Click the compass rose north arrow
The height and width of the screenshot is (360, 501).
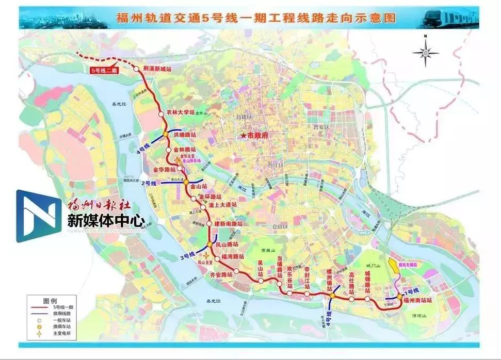[x=425, y=52]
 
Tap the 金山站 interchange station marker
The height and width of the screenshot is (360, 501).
[x=186, y=182]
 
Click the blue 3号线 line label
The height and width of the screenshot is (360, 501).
[x=187, y=255]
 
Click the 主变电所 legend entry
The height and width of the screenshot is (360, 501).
[x=61, y=334]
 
